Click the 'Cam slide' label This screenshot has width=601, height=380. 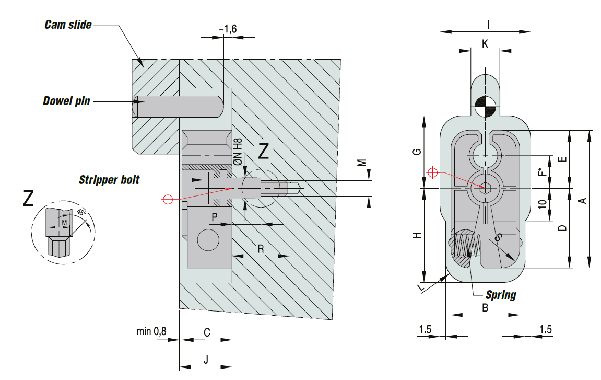pos(68,25)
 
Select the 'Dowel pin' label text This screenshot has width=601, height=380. pos(66,101)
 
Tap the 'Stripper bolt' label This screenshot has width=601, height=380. pos(109,180)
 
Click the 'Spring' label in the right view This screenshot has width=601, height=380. pos(501,295)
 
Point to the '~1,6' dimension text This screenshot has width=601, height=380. pos(228,30)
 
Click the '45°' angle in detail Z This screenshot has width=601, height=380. pos(80,213)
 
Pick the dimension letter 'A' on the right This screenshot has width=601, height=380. pos(584,200)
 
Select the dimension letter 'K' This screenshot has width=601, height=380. pos(485,44)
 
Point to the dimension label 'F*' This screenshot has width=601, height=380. pos(543,171)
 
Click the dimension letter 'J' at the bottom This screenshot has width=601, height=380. pos(206,360)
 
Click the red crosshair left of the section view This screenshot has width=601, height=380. pos(168,199)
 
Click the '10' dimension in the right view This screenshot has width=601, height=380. pos(543,204)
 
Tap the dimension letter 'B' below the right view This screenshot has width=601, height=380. pos(485,308)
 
